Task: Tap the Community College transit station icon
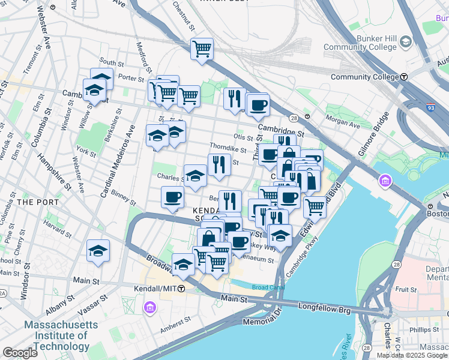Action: [405, 77]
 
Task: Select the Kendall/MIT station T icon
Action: [181, 289]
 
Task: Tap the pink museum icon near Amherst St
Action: [149, 308]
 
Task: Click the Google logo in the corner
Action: [20, 353]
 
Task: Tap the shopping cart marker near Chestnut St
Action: [202, 49]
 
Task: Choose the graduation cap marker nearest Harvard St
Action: [98, 251]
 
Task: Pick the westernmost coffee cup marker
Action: [172, 197]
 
